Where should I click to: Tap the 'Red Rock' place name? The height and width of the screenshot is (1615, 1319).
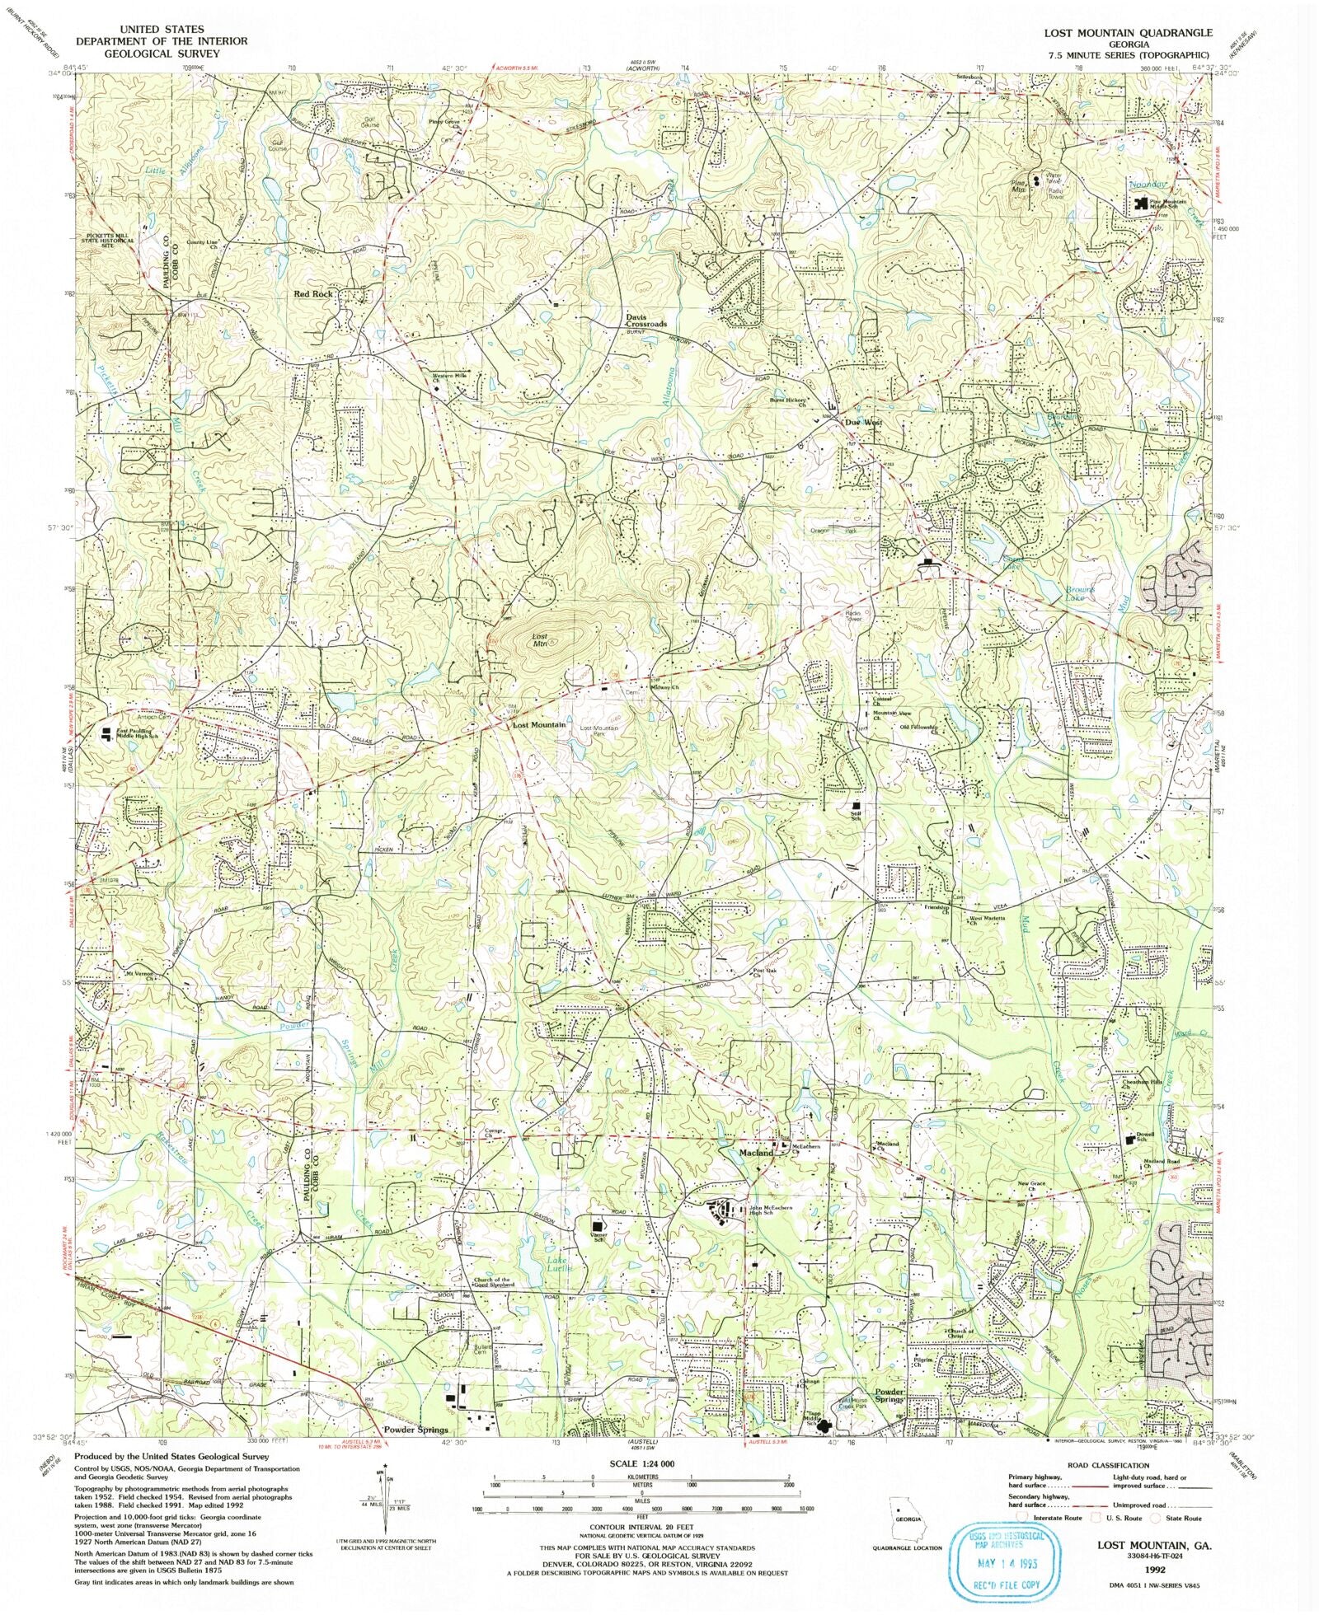(314, 293)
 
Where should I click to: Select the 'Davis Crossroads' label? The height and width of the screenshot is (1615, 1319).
(645, 321)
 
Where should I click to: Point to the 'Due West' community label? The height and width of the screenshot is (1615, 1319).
(863, 422)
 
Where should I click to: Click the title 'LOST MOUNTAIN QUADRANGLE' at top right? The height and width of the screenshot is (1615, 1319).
(1128, 33)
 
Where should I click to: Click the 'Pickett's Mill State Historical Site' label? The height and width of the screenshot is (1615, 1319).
(108, 241)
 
